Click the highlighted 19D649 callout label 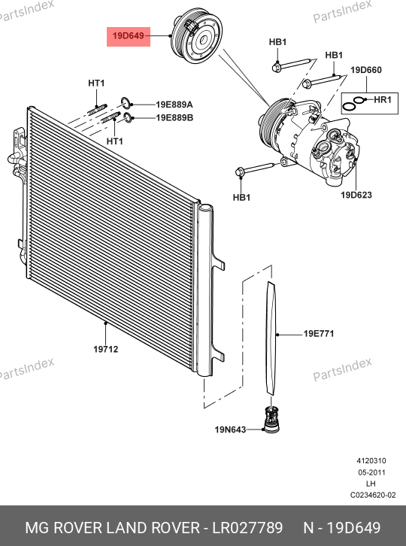click(128, 36)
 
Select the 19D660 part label click(366, 70)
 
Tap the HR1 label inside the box click(383, 100)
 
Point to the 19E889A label click(174, 105)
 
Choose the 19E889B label click(174, 117)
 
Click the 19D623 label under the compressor click(356, 195)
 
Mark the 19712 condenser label click(106, 349)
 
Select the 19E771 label click(319, 334)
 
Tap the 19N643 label click(230, 429)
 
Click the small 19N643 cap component click(271, 420)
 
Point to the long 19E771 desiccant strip click(271, 338)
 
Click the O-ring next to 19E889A click(126, 102)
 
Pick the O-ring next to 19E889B click(128, 117)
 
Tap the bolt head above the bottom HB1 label click(240, 172)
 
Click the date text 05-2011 click(371, 472)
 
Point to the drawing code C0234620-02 click(373, 495)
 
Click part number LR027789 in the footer click(247, 528)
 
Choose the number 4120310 click(371, 461)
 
